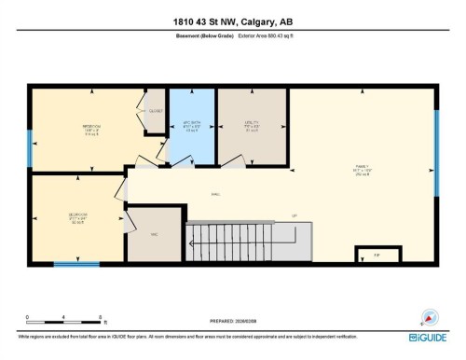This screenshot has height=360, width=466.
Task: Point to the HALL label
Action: [x=214, y=195]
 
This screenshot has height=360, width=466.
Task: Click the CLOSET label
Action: [x=156, y=111]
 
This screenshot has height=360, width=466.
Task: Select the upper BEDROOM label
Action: [x=91, y=129]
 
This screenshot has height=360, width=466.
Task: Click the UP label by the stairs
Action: [x=294, y=215]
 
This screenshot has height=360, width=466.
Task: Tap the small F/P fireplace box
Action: [x=377, y=255]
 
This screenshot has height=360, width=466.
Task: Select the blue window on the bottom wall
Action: [x=76, y=264]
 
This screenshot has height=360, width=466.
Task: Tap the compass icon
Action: [x=431, y=316]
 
